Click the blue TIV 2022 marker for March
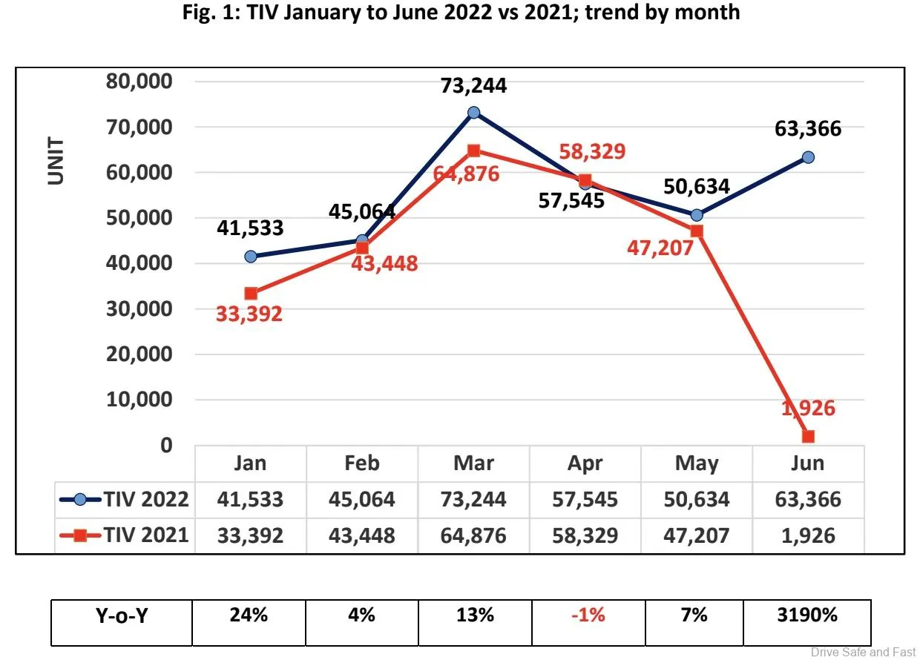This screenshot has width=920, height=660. pyautogui.click(x=473, y=113)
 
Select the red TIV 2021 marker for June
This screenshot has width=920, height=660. pyautogui.click(x=808, y=436)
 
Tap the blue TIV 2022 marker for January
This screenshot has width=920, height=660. pyautogui.click(x=251, y=257)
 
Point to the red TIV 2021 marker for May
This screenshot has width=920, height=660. pyautogui.click(x=696, y=231)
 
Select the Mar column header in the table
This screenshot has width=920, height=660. pyautogui.click(x=473, y=463)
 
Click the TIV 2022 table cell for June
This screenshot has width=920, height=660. pyautogui.click(x=808, y=499)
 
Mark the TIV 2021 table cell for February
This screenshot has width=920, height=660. pyautogui.click(x=362, y=535)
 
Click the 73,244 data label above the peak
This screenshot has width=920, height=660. pyautogui.click(x=473, y=86)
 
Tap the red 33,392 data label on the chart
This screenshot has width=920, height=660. pyautogui.click(x=249, y=314)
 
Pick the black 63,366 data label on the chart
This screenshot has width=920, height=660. pyautogui.click(x=808, y=129)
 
